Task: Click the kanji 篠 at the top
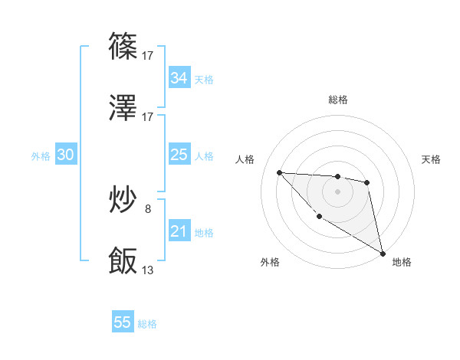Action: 123,47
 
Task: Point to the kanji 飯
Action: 123,260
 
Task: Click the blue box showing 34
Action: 179,78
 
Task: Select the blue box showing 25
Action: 179,155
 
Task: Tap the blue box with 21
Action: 179,231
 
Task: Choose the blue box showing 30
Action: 66,155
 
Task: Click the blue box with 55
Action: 123,322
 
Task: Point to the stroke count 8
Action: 148,208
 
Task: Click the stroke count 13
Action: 148,270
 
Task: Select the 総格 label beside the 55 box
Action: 147,324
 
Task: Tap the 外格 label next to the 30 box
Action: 41,156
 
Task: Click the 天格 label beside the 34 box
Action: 204,79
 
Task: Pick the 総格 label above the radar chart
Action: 337,100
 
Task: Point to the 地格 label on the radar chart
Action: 402,262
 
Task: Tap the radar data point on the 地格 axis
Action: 383,253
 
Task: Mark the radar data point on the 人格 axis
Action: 279,172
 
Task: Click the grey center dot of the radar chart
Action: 337,191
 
